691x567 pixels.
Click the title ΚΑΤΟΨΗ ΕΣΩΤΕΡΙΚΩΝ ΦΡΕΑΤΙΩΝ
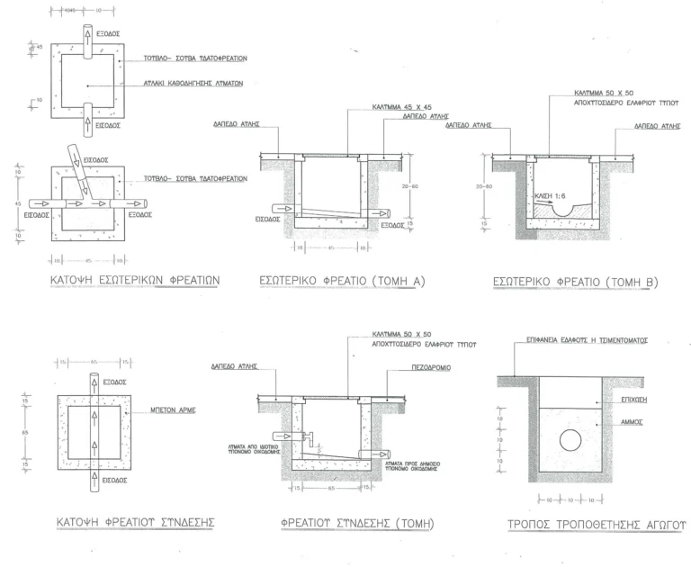[x=134, y=280]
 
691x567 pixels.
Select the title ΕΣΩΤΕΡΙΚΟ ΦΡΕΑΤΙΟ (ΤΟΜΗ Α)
[x=342, y=282]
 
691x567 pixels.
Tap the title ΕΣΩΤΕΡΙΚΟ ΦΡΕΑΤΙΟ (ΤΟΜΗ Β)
[x=576, y=282]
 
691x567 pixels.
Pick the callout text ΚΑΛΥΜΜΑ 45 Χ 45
[x=399, y=106]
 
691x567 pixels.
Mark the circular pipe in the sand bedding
[x=569, y=440]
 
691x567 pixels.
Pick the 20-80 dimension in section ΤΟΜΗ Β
[x=485, y=186]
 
